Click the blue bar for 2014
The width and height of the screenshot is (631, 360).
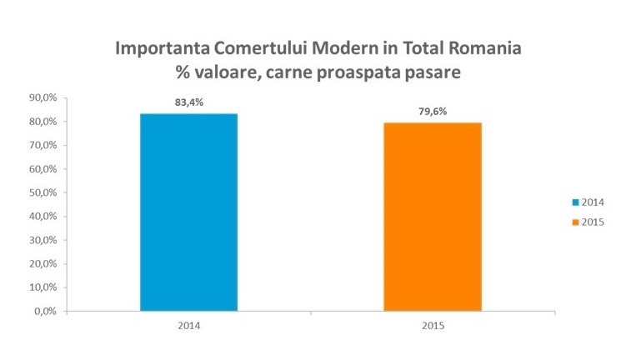pyautogui.click(x=188, y=212)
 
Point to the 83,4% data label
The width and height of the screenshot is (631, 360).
pyautogui.click(x=188, y=102)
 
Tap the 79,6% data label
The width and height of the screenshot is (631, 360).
pyautogui.click(x=432, y=112)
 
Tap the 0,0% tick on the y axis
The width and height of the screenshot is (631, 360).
pyautogui.click(x=44, y=312)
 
